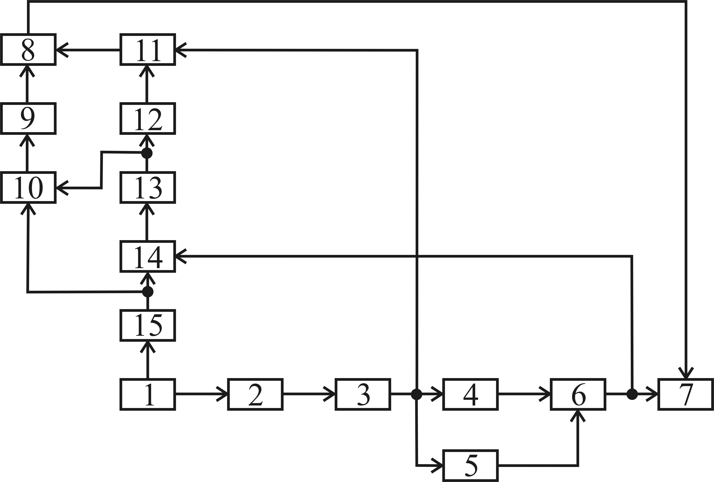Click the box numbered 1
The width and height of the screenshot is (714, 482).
148,394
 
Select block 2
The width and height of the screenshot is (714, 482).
255,394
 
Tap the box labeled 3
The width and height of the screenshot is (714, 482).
363,394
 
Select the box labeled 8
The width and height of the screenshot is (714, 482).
28,49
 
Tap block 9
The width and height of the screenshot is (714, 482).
28,118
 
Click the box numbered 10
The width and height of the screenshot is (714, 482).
28,188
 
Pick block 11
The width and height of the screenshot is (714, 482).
148,49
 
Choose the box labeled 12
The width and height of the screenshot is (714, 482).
148,118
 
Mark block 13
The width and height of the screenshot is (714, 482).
148,188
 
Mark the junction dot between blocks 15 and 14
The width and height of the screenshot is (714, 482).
148,292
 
